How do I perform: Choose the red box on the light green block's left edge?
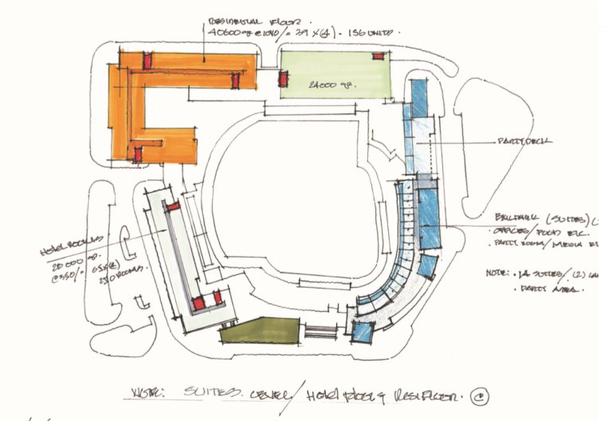point(283,79)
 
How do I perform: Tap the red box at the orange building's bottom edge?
point(138,154)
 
